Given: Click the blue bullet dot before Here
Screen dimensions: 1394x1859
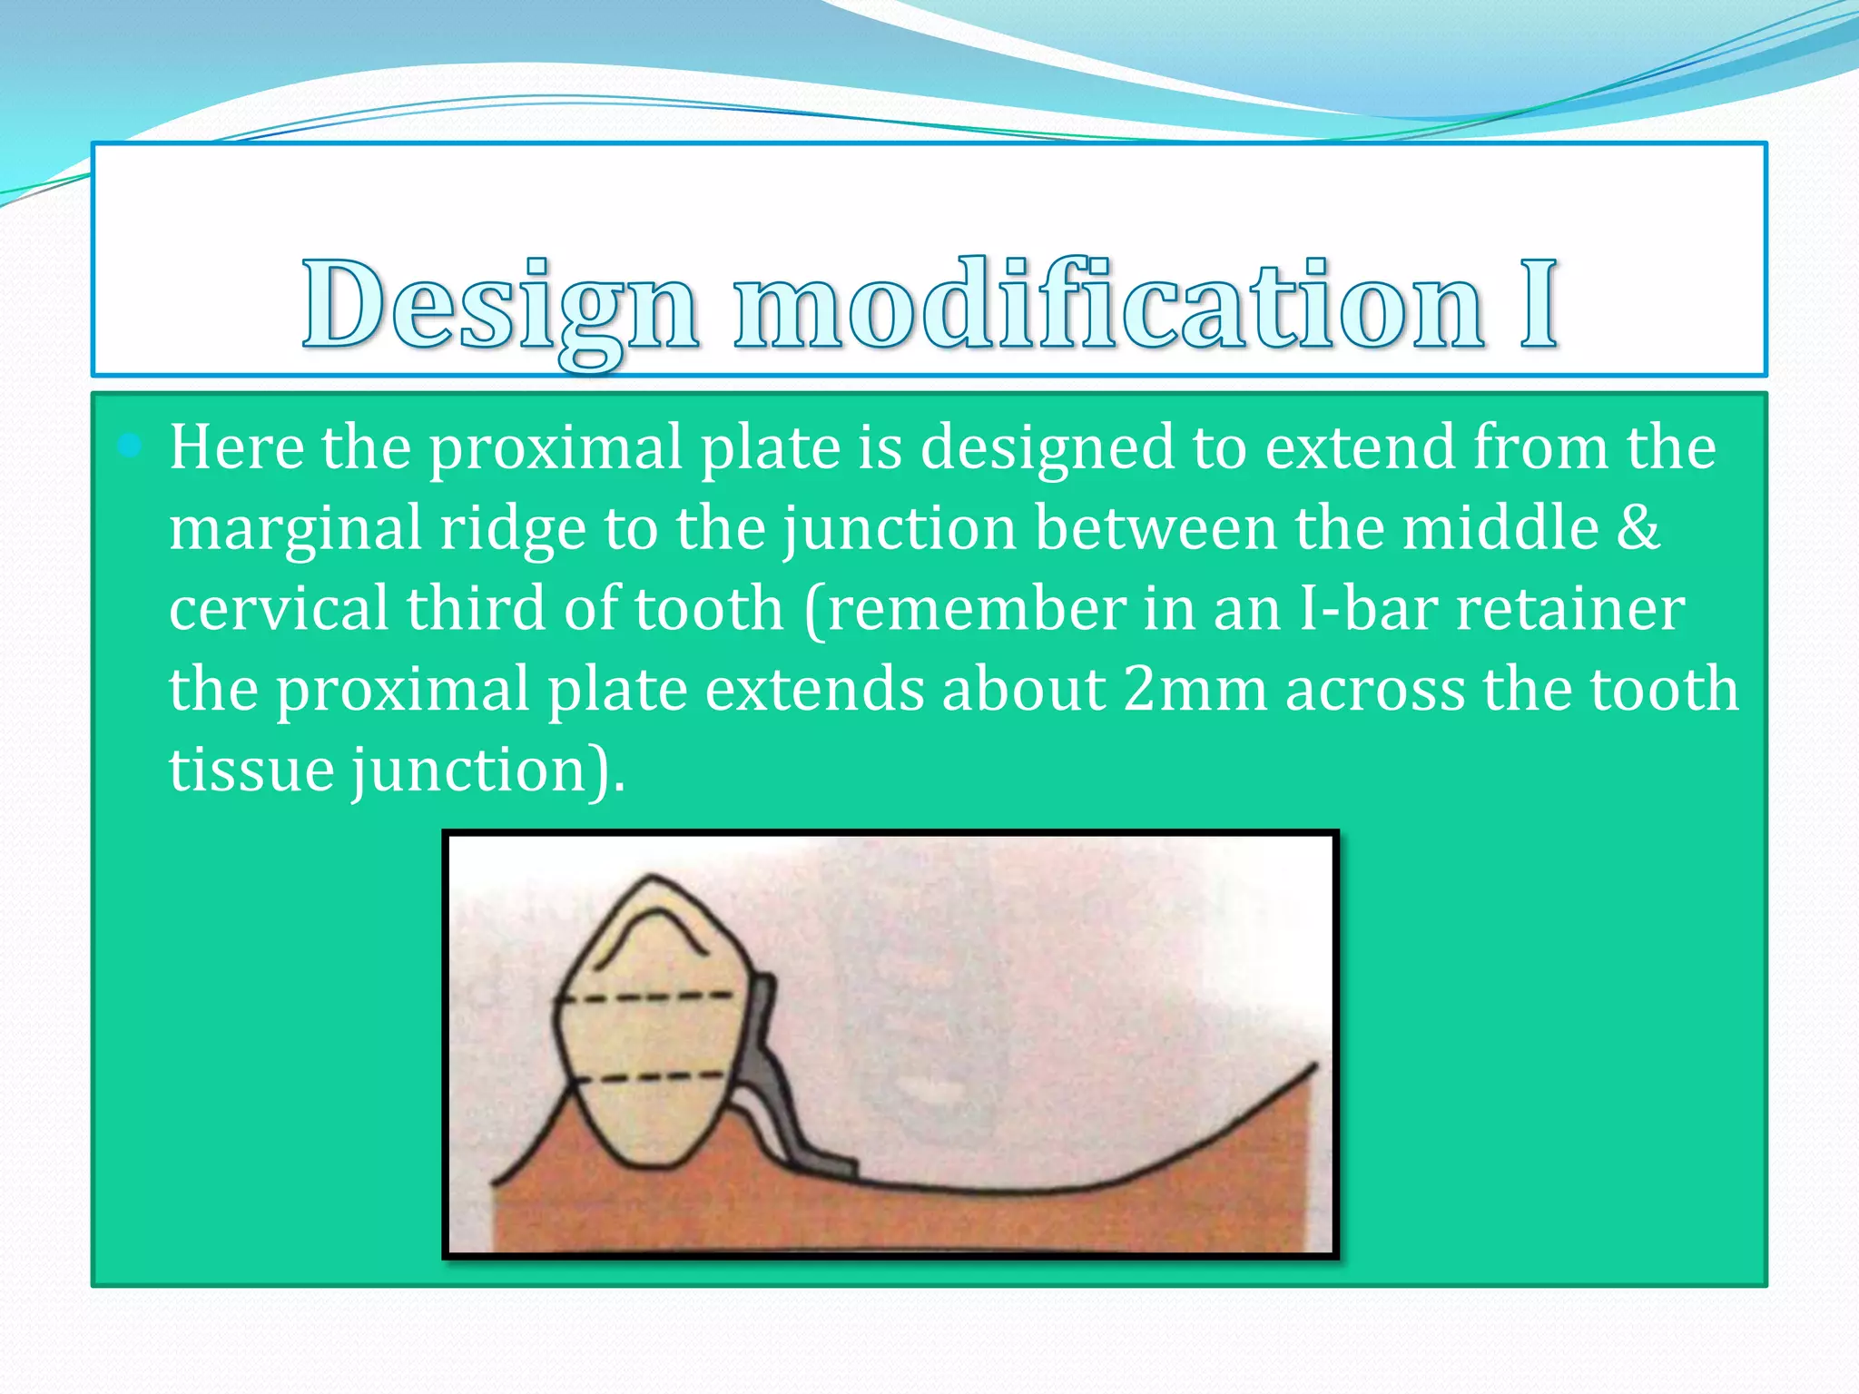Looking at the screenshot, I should pos(130,445).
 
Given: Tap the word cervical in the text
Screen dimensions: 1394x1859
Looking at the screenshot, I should pos(277,608).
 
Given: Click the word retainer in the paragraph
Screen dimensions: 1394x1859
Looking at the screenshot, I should pos(1570,608).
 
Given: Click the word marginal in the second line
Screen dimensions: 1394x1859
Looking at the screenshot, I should pos(295,529).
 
